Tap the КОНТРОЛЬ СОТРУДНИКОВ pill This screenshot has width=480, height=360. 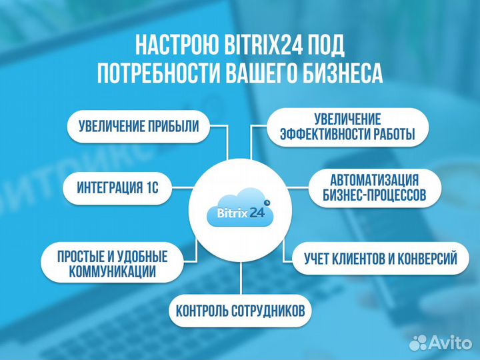pos(239,310)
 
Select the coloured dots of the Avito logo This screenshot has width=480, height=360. pos(418,343)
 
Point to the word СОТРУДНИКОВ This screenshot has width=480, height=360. pos(269,310)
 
